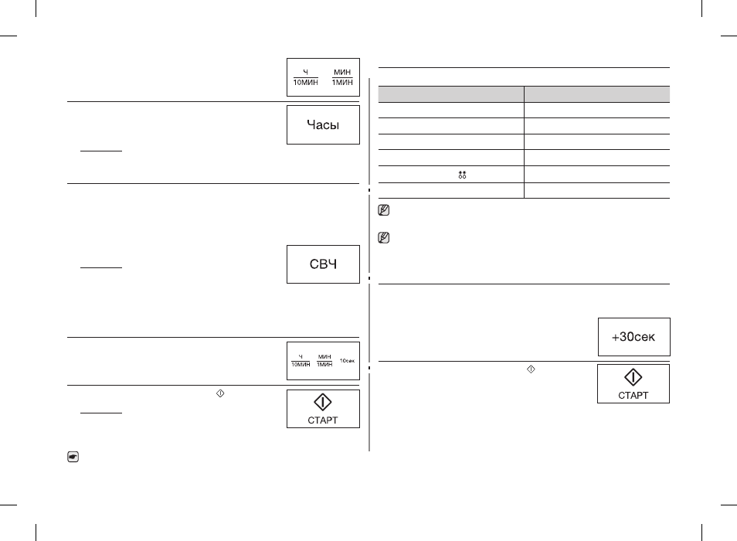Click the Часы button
coord(323,124)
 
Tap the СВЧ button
coord(323,264)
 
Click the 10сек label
coord(348,361)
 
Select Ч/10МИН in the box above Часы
coord(305,77)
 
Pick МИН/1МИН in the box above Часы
coord(342,77)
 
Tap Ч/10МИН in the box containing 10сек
coord(301,361)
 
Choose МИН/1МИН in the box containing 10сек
coord(324,361)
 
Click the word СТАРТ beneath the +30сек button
coord(633,396)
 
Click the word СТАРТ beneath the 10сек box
coord(322,420)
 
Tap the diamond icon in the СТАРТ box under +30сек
coord(633,377)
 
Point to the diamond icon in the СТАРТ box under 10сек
coord(322,402)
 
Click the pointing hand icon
coord(73,457)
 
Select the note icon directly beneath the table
coord(383,210)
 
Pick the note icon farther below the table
coord(383,238)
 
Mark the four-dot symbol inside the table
coord(462,175)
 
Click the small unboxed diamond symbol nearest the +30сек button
coord(531,369)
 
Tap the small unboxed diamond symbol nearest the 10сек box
coord(220,393)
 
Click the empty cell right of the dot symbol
coord(597,175)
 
